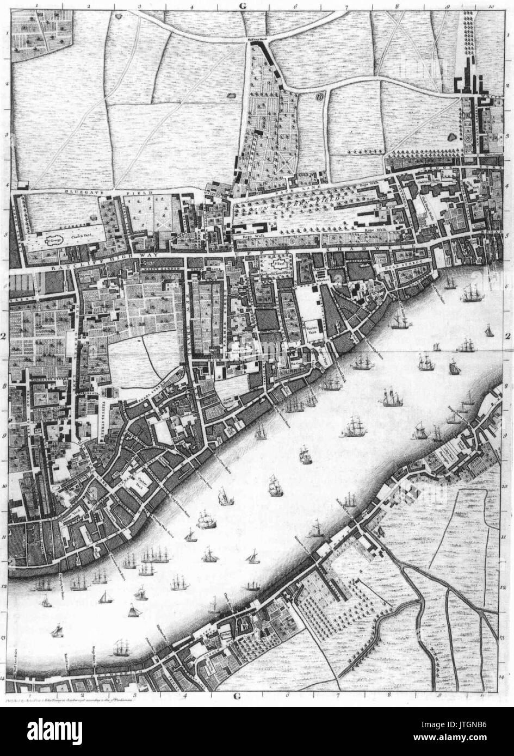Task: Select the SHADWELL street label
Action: (375, 249)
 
